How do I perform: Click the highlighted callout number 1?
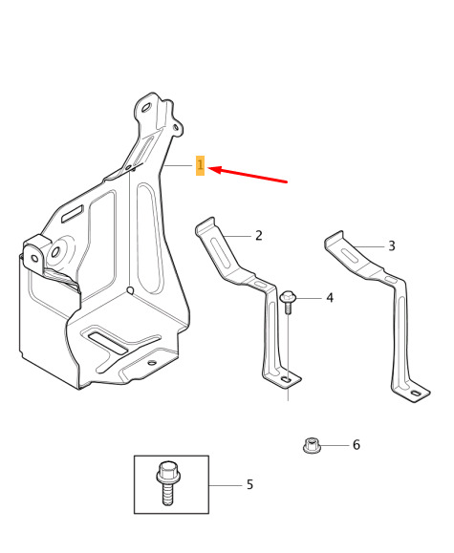pyautogui.click(x=200, y=165)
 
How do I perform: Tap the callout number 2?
pyautogui.click(x=259, y=236)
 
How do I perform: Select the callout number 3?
pyautogui.click(x=392, y=245)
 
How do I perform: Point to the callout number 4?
pyautogui.click(x=330, y=298)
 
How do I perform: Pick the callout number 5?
pyautogui.click(x=250, y=484)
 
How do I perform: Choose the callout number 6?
pyautogui.click(x=357, y=445)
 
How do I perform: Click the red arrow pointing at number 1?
pyautogui.click(x=249, y=176)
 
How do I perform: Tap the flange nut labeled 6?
pyautogui.click(x=312, y=445)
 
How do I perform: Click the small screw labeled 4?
pyautogui.click(x=288, y=302)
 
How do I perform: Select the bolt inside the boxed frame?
pyautogui.click(x=167, y=483)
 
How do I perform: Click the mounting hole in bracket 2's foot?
pyautogui.click(x=287, y=380)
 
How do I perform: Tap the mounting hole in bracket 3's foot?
pyautogui.click(x=416, y=393)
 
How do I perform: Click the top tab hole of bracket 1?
pyautogui.click(x=146, y=107)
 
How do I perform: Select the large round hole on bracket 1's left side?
pyautogui.click(x=55, y=252)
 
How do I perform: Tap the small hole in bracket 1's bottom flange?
pyautogui.click(x=152, y=363)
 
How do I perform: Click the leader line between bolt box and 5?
pyautogui.click(x=226, y=485)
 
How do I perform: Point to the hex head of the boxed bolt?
pyautogui.click(x=167, y=472)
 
